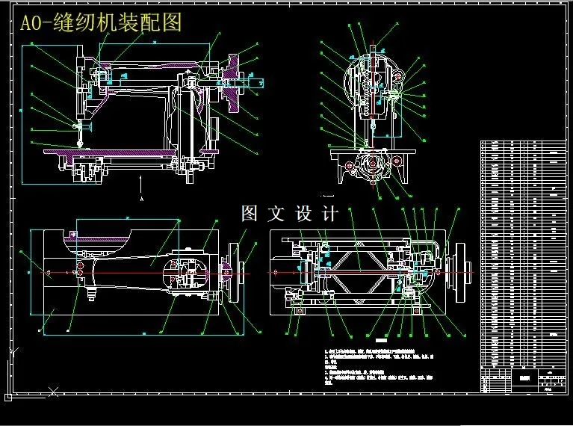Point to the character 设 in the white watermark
(x=303, y=214)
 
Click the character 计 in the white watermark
(x=329, y=214)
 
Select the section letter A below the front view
(x=141, y=200)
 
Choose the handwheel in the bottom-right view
(x=467, y=274)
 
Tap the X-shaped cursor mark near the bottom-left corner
(x=53, y=389)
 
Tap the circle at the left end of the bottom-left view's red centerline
(x=49, y=274)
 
